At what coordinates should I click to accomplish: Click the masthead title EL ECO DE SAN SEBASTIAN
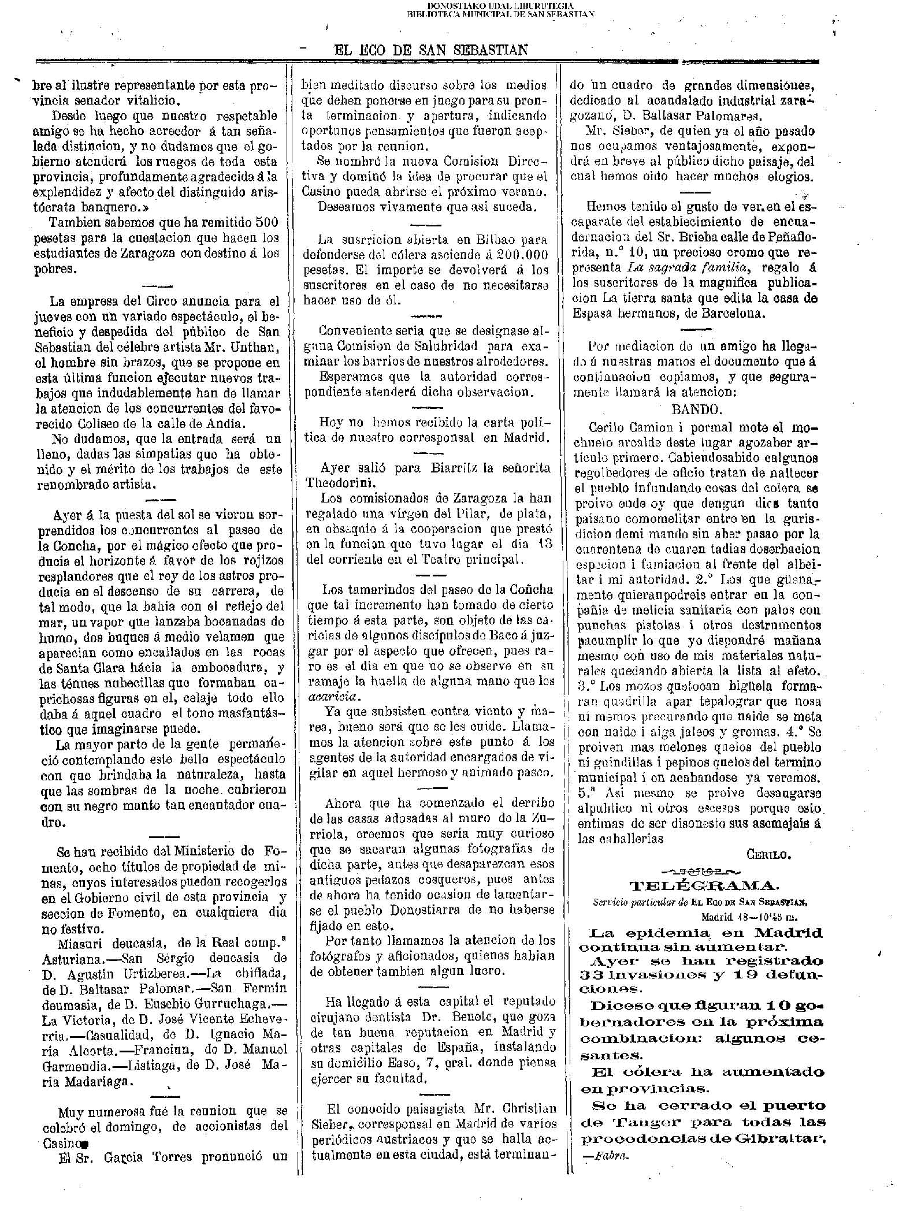pyautogui.click(x=431, y=50)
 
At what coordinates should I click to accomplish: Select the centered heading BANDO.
pyautogui.click(x=696, y=410)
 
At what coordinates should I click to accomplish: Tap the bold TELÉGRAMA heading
pyautogui.click(x=703, y=886)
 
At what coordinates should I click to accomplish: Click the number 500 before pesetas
pyautogui.click(x=267, y=222)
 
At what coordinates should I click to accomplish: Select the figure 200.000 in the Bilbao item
pyautogui.click(x=522, y=254)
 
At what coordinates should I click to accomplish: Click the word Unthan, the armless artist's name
pyautogui.click(x=257, y=348)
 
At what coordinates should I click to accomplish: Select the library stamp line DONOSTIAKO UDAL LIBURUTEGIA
pyautogui.click(x=501, y=5)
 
